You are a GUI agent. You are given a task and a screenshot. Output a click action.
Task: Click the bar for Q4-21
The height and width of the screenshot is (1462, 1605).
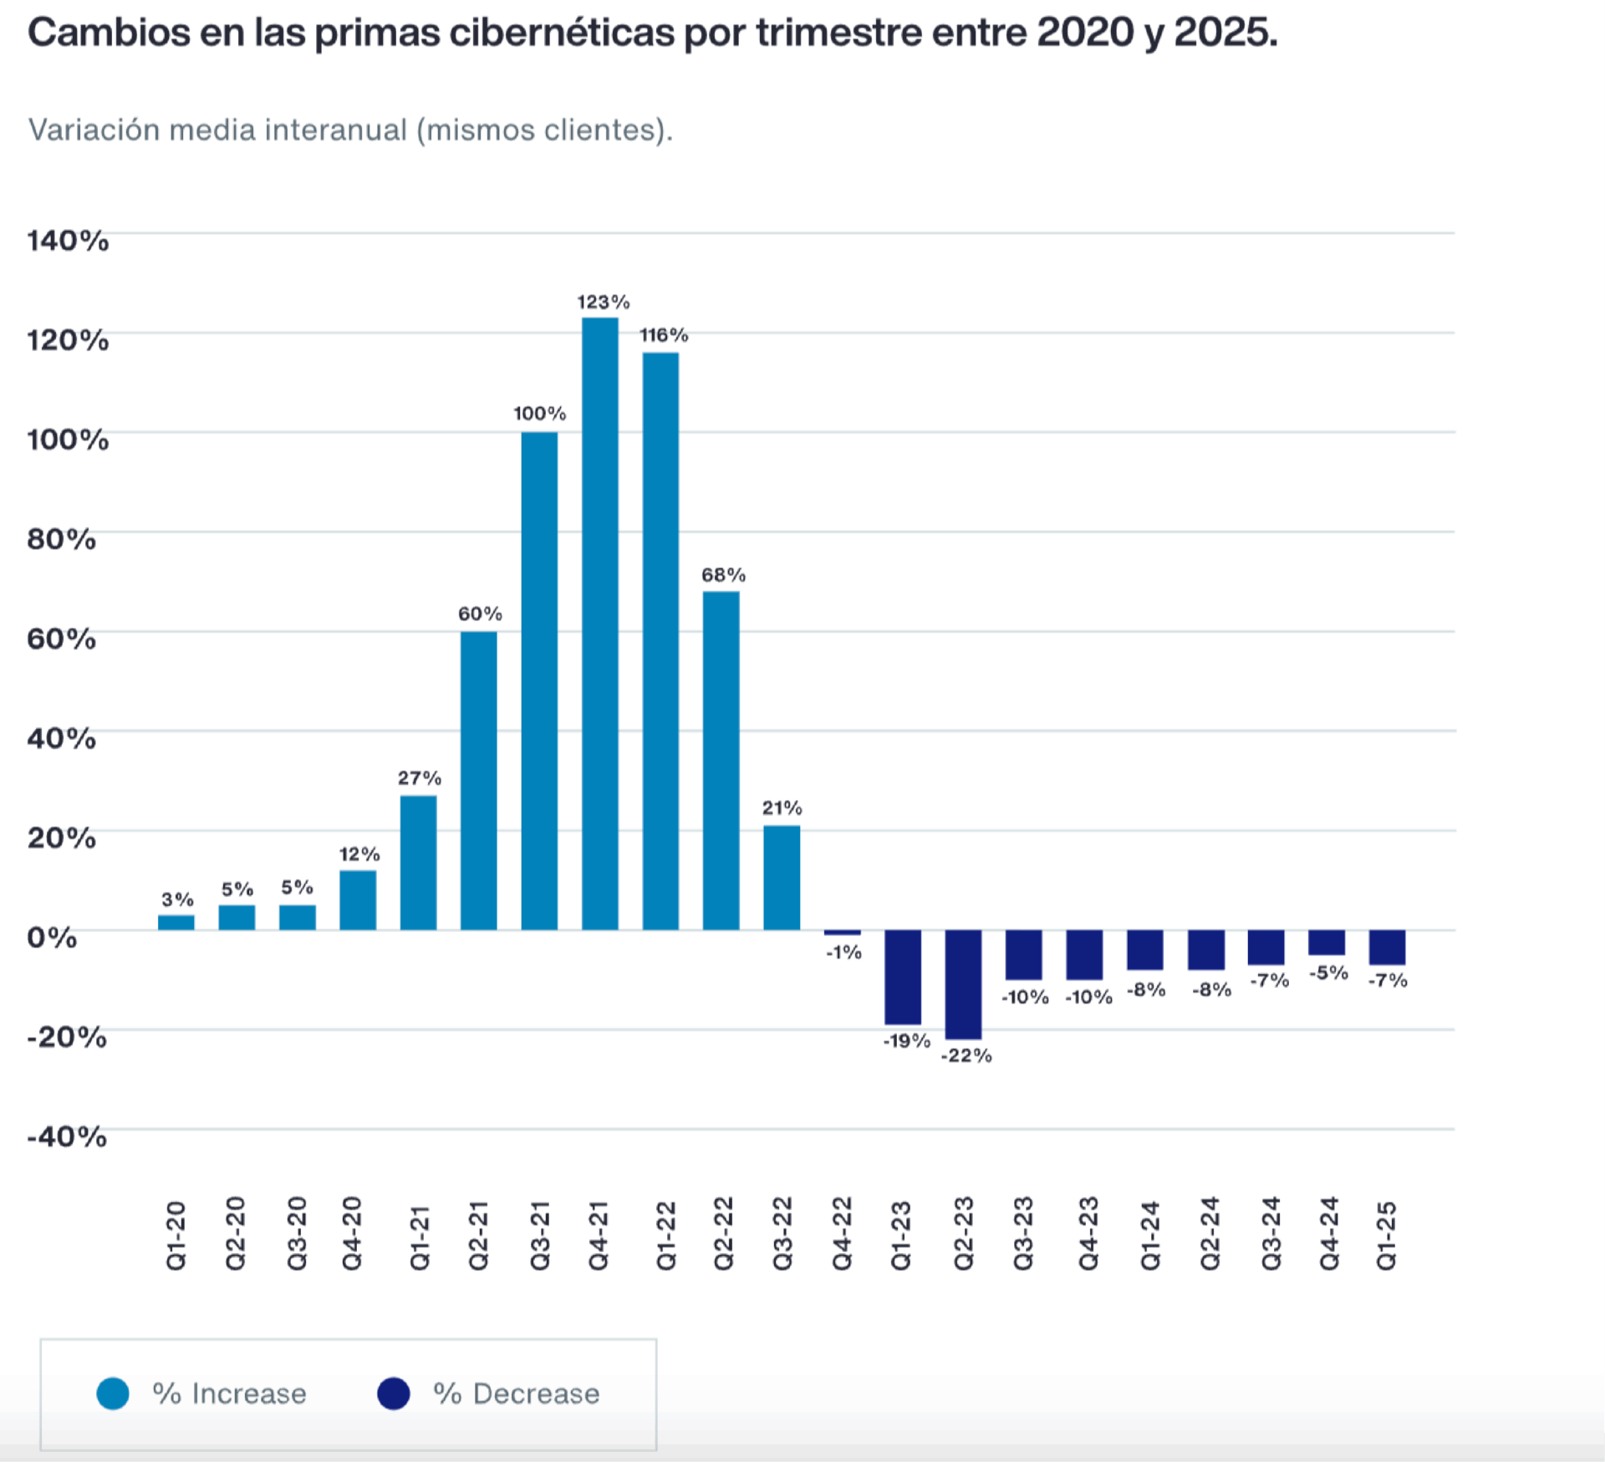point(600,623)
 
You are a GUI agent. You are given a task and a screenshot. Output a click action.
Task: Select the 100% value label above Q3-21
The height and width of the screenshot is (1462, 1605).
point(539,413)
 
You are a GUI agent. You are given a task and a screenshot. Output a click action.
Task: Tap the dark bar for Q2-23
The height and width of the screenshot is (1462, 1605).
point(963,984)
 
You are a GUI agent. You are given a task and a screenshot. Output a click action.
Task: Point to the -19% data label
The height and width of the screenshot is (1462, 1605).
point(906,1041)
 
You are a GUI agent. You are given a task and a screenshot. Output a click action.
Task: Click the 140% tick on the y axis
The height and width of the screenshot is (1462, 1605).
point(68,241)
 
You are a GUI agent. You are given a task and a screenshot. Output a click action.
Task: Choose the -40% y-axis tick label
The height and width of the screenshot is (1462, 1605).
point(67,1137)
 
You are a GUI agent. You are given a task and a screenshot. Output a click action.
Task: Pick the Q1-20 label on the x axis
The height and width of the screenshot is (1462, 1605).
point(176,1235)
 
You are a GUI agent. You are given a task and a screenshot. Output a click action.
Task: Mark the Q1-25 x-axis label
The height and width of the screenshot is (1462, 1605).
point(1386,1235)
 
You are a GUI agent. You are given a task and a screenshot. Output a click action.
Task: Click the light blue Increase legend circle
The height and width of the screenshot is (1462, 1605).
point(113,1393)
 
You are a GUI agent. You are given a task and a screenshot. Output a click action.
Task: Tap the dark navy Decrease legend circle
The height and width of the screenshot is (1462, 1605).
point(394,1393)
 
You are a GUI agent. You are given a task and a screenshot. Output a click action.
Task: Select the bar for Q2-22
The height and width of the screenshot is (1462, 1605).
point(721,761)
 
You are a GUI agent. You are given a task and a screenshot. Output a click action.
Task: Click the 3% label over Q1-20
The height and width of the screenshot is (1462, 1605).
point(177,899)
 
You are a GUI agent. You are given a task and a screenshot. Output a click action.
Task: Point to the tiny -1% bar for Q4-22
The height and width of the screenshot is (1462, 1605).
point(842,932)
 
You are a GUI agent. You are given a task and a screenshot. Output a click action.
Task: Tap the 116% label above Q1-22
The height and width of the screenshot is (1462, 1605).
point(664,335)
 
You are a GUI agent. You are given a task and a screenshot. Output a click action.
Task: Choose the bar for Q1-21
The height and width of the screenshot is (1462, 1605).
point(418,863)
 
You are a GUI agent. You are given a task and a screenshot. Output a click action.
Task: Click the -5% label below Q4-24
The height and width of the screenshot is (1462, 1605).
point(1328,973)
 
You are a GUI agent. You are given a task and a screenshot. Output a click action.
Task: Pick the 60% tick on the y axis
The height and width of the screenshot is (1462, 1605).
point(61,639)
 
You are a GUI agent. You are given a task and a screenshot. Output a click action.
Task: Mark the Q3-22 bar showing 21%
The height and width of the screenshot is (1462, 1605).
point(782,878)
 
